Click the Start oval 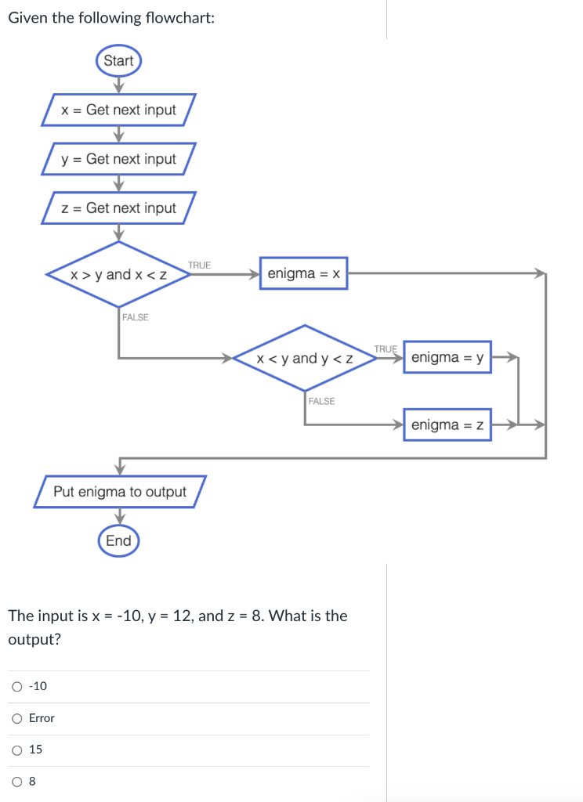point(118,61)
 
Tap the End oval point(118,541)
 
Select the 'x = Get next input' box point(119,110)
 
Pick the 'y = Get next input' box point(119,159)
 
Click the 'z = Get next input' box point(119,208)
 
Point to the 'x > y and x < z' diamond point(118,275)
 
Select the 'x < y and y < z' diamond point(305,359)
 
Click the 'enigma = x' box point(303,274)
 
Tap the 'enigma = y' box point(447,357)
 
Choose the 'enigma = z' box point(447,424)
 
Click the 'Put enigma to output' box point(120,492)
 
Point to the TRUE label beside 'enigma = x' point(200,266)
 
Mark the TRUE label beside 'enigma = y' point(386,349)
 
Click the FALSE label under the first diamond point(136,317)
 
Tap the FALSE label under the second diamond point(321,401)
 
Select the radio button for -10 point(17,687)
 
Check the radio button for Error point(17,718)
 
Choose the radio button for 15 point(17,750)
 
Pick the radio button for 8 point(17,782)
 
